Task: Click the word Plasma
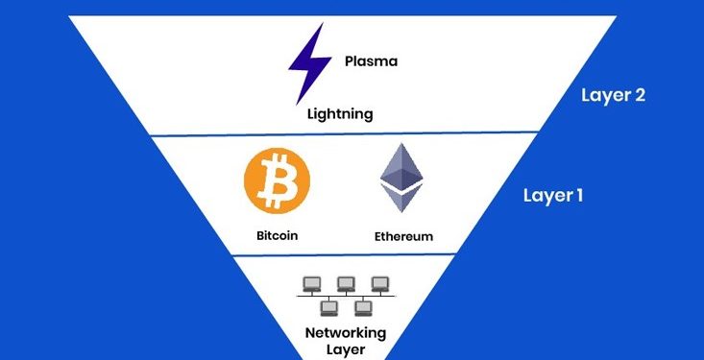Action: pyautogui.click(x=371, y=61)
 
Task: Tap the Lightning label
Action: pyautogui.click(x=340, y=114)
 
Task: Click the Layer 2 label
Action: pyautogui.click(x=613, y=96)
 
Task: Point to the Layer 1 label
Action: pyautogui.click(x=552, y=195)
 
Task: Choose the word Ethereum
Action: pyautogui.click(x=401, y=235)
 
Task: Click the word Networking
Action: pyautogui.click(x=346, y=332)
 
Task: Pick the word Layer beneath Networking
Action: pyautogui.click(x=346, y=349)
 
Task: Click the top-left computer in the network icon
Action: pyautogui.click(x=311, y=283)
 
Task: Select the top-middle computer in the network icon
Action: pyautogui.click(x=346, y=283)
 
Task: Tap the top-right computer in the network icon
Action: pyautogui.click(x=380, y=283)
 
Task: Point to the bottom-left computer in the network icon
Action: pyautogui.click(x=328, y=308)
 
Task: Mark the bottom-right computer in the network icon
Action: pyautogui.click(x=363, y=308)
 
